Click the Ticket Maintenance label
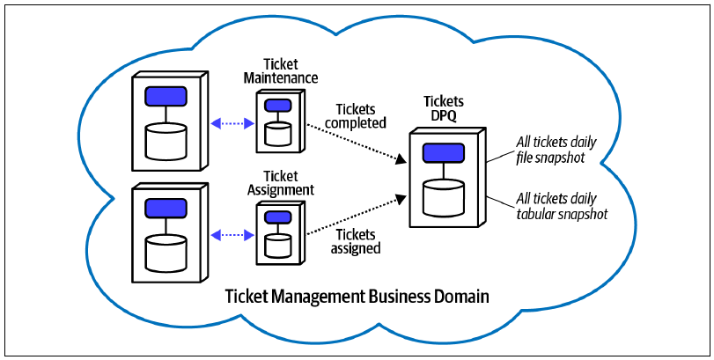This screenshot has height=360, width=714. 281,70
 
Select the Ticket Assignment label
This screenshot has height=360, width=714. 281,182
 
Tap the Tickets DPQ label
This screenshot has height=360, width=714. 438,108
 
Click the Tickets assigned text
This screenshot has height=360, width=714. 356,241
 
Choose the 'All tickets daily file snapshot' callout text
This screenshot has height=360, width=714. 556,150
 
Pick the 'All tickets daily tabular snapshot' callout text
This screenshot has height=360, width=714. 562,206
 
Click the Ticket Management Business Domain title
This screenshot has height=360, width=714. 357,297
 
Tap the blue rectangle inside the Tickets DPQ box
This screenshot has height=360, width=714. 443,153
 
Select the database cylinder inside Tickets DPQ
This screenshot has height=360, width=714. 443,197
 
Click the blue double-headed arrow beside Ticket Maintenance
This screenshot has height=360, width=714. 233,123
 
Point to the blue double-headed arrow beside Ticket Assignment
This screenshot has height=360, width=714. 233,235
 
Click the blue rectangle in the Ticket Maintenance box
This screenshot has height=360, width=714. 278,105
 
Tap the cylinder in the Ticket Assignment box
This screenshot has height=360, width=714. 278,245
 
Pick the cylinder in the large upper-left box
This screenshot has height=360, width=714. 166,141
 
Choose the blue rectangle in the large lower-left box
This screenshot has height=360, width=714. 166,208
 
